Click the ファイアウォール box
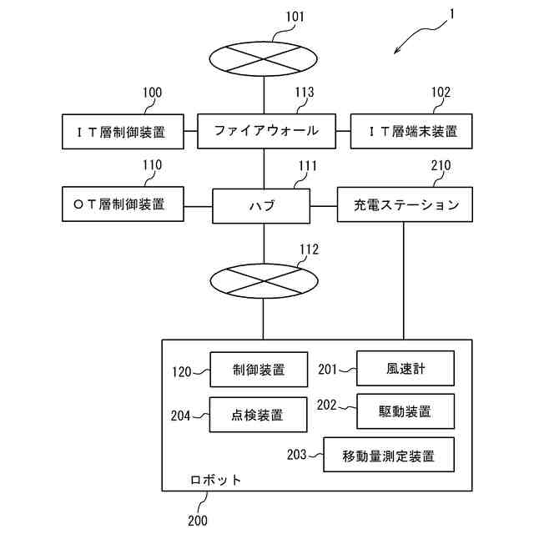pos(267,131)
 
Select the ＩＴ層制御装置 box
pos(123,132)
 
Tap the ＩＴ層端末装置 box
pos(411,131)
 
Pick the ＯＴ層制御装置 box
pos(123,204)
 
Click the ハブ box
pos(261,206)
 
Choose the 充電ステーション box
pos(405,204)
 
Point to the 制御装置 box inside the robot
pos(259,370)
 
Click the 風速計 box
pos(406,369)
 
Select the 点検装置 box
pos(258,415)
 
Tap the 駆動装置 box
pos(406,411)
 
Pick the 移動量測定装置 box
pos(389,455)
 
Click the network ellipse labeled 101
pos(264,59)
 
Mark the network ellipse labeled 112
pos(264,281)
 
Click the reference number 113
pos(304,93)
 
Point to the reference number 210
pos(441,165)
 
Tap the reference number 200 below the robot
pos(198,521)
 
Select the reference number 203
pos(297,455)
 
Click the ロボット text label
pos(215,480)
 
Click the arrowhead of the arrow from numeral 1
pos(395,53)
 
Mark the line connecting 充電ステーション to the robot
pos(404,280)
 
